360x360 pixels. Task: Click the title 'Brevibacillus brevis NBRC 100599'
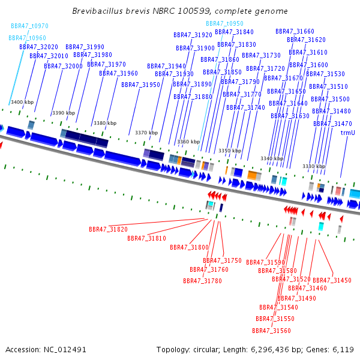pos(179,11)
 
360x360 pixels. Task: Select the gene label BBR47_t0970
pos(29,26)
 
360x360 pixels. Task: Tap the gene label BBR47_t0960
pos(27,38)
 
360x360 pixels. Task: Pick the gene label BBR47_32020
pos(38,47)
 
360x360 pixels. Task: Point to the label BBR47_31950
pos(140,85)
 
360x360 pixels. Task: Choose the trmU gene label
pos(347,133)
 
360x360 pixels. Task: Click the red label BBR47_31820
pos(108,229)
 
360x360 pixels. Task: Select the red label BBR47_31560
pos(271,331)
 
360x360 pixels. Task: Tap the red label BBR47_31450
pos(332,280)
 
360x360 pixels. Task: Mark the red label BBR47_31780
pos(202,281)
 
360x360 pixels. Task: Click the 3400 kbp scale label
pos(22,103)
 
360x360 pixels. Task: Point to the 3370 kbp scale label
pos(146,133)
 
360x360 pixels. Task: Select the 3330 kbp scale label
pos(313,166)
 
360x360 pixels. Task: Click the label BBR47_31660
pos(295,31)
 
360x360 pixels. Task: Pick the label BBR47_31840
pos(234,32)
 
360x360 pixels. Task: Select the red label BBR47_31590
pos(265,262)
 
